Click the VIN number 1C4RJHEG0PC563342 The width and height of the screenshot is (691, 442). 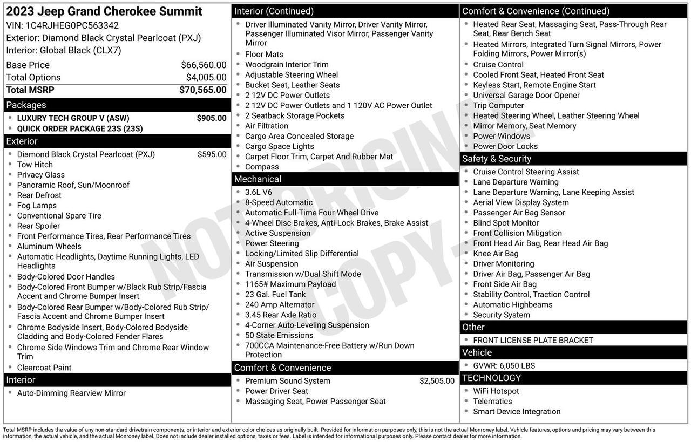(72, 25)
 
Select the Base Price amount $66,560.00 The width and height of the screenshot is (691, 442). (204, 65)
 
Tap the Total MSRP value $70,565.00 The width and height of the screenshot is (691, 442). (203, 90)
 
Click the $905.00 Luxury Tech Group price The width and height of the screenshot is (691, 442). (212, 118)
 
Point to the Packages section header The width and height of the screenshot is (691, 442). (26, 105)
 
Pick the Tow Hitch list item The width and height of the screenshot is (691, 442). (35, 165)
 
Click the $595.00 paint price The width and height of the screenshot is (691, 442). (212, 154)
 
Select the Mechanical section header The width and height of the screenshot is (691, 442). (258, 179)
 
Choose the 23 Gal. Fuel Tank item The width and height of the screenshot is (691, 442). (275, 295)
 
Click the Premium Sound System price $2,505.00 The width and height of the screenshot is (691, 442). (437, 381)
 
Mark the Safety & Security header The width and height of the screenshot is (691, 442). (497, 159)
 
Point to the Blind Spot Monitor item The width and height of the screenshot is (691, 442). (506, 223)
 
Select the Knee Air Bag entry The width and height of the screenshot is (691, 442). (496, 254)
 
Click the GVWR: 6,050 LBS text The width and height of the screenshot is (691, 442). (504, 366)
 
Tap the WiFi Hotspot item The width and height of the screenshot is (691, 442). (496, 391)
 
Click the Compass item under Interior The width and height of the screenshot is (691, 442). (262, 167)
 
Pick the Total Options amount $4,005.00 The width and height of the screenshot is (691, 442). (206, 78)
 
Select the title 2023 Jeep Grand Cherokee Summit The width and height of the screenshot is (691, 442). (104, 11)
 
